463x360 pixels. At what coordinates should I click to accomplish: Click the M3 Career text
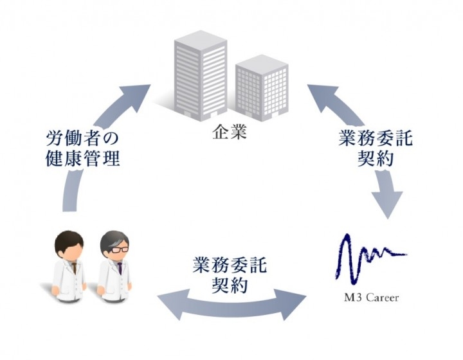click(x=370, y=298)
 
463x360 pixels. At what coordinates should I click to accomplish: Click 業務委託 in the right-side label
click(x=376, y=139)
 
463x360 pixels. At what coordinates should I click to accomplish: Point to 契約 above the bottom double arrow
click(x=229, y=285)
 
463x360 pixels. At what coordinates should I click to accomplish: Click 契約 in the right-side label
click(x=376, y=159)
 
